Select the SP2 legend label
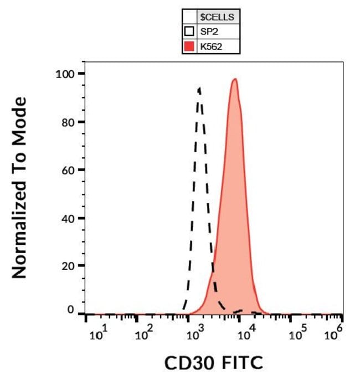tap(210, 32)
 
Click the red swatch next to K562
tap(189, 47)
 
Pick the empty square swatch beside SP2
tap(189, 32)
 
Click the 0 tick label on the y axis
tap(71, 311)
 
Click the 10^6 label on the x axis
tap(333, 334)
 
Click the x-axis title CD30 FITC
tap(214, 363)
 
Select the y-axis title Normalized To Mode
tap(20, 188)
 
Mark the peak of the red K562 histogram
tap(235, 79)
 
